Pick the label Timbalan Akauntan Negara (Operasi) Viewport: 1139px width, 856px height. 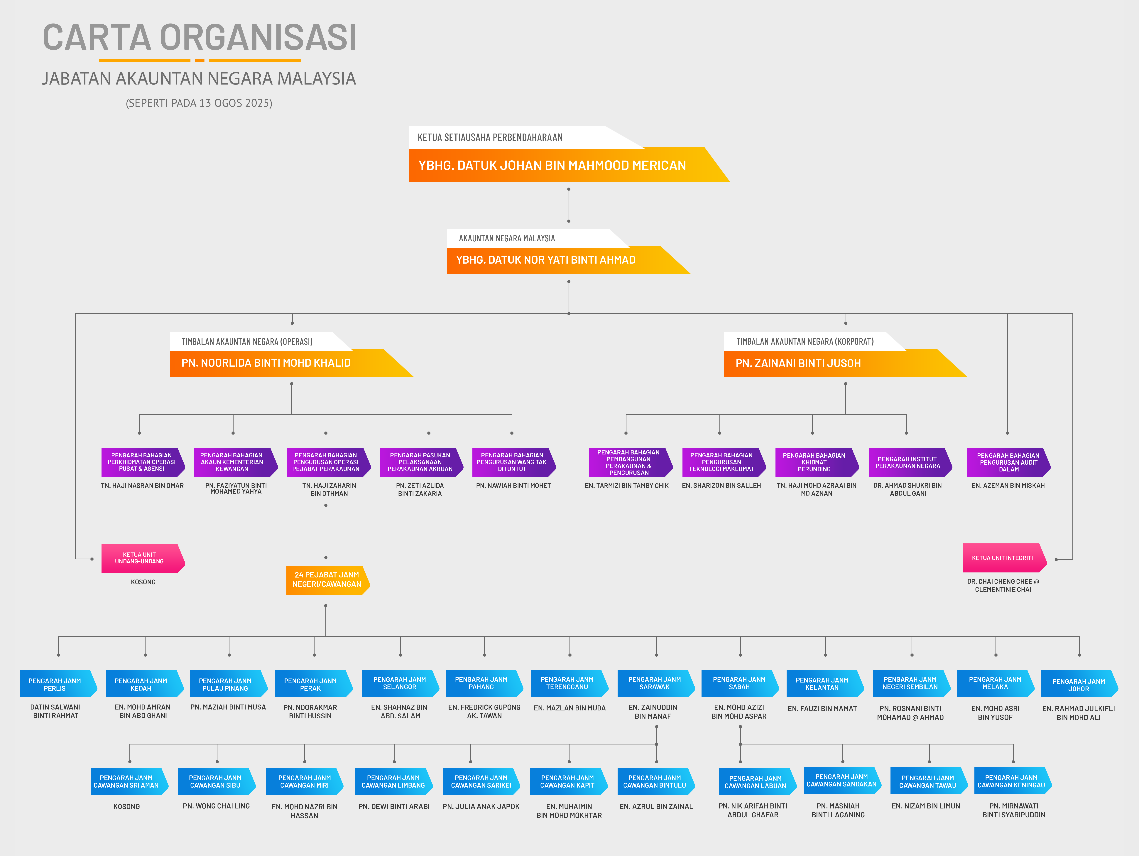(x=247, y=341)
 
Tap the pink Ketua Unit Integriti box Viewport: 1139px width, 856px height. (x=1005, y=558)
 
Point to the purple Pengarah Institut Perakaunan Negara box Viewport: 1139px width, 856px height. (x=910, y=462)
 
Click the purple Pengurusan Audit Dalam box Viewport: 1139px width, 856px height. (x=1008, y=462)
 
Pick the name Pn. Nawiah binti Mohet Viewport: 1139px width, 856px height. (x=513, y=486)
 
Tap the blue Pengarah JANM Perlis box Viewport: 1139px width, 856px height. (x=58, y=684)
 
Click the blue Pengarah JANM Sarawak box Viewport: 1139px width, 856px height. (x=656, y=683)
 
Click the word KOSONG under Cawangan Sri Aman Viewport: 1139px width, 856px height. (x=127, y=807)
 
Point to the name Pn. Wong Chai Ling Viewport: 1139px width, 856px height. (x=216, y=806)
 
